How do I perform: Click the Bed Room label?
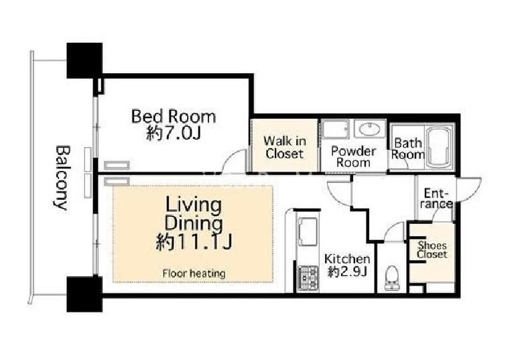coord(174,117)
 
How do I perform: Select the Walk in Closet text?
coord(284,147)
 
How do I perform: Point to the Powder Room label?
coord(353,156)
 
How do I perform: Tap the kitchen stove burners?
coord(308,278)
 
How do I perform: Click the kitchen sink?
coord(308,232)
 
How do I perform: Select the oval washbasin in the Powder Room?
coord(369,129)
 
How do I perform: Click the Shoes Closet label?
coord(432,250)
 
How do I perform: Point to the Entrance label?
coord(436,198)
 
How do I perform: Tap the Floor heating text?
coord(194,274)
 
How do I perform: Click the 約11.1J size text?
coord(194,242)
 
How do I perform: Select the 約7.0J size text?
coord(174,133)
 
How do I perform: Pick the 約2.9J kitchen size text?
coord(347,272)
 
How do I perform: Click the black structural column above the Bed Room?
coord(84,60)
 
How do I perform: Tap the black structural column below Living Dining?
coord(84,294)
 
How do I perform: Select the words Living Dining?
coord(194,214)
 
